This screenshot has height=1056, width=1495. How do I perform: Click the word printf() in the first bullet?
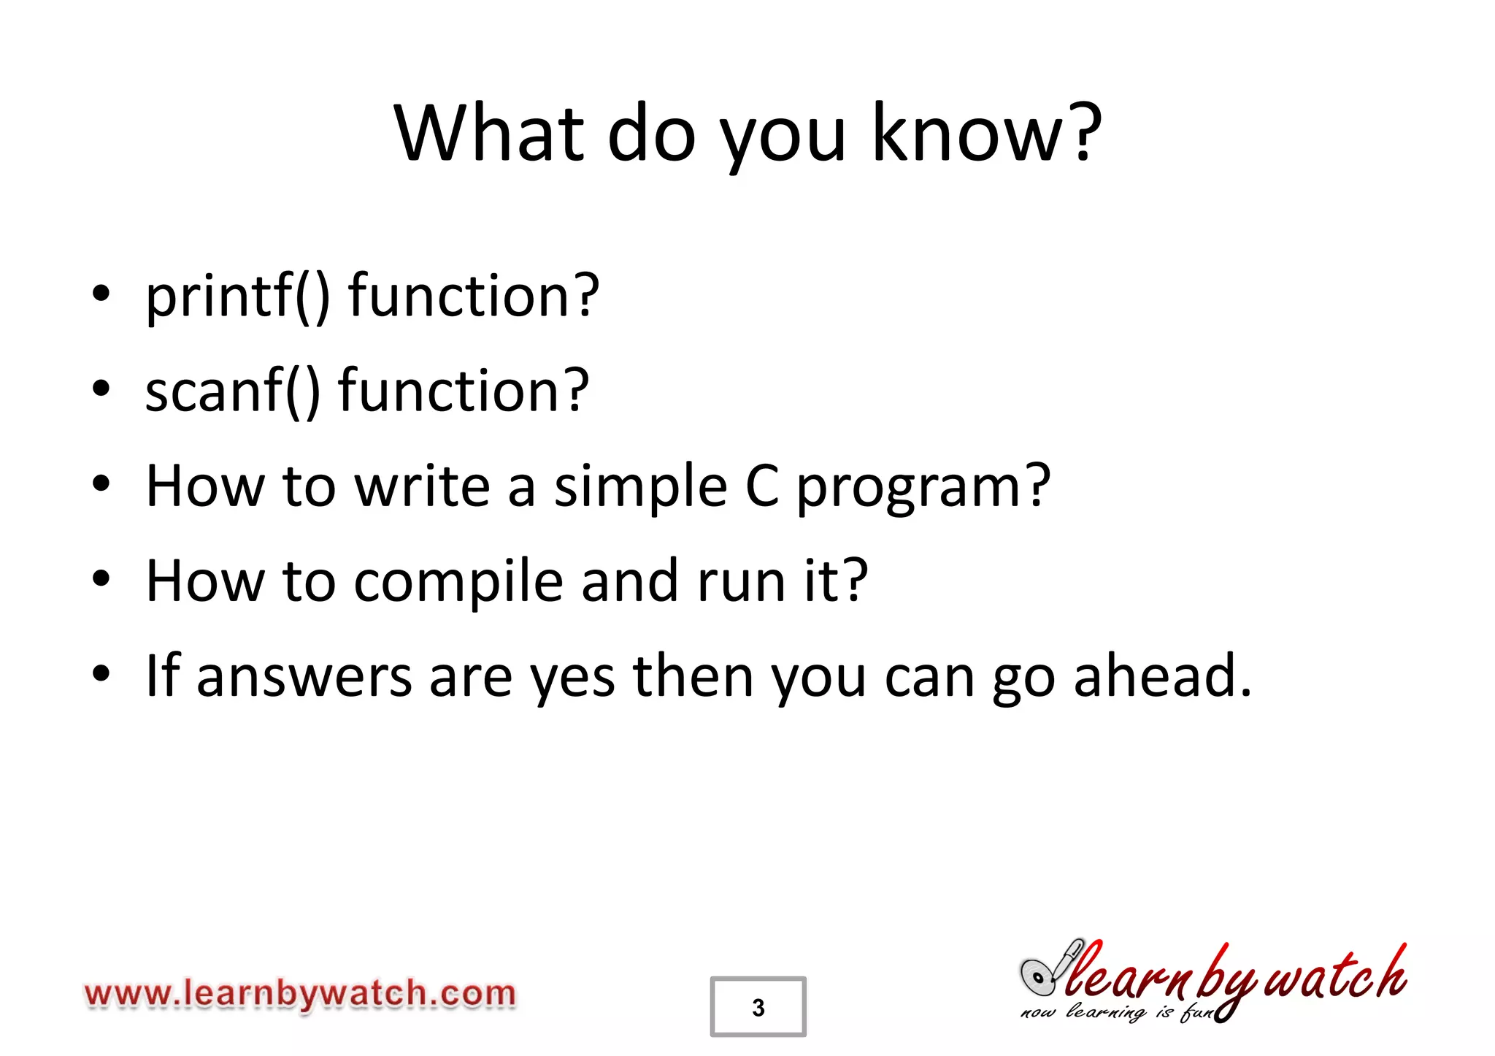pos(238,296)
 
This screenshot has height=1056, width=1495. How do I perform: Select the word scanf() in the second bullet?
pos(233,391)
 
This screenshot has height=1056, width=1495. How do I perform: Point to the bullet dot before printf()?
pos(101,294)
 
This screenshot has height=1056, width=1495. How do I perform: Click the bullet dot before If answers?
pos(101,674)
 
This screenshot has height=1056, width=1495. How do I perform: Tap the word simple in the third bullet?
pos(640,486)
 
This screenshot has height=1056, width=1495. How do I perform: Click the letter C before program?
pos(762,486)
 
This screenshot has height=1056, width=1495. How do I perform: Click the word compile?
pos(458,582)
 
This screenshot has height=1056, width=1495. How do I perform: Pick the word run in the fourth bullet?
pos(741,582)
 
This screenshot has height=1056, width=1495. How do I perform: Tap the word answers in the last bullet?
pos(304,677)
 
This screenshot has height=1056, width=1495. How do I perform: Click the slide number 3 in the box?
pos(758,1007)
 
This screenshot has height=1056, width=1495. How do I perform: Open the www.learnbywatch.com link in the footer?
pos(300,994)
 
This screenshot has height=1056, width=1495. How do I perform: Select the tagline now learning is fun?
pos(1117,1012)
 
